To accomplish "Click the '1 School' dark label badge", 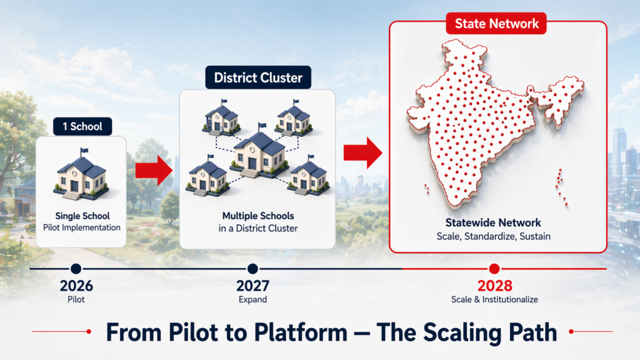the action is (x=82, y=126).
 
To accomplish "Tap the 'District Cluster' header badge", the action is (x=258, y=77).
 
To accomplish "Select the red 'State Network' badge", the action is (x=496, y=24).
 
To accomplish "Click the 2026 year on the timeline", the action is (x=76, y=286).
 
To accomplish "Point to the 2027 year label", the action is (x=252, y=286).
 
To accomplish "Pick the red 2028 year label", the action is (x=495, y=286).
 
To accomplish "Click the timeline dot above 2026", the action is (x=76, y=269).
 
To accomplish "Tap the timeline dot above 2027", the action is (x=252, y=269).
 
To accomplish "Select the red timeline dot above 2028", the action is (x=494, y=269).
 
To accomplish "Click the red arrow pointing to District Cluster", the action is (x=154, y=171).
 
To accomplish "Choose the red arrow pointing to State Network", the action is (x=363, y=153).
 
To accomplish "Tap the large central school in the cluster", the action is (x=259, y=153).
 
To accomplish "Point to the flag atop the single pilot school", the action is (x=84, y=152).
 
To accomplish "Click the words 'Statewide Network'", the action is (x=493, y=223).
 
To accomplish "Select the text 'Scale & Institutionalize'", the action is (x=494, y=299).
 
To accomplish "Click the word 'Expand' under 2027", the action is (x=252, y=300).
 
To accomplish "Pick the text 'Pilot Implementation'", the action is (x=82, y=227).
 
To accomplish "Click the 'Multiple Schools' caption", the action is (x=258, y=216).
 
